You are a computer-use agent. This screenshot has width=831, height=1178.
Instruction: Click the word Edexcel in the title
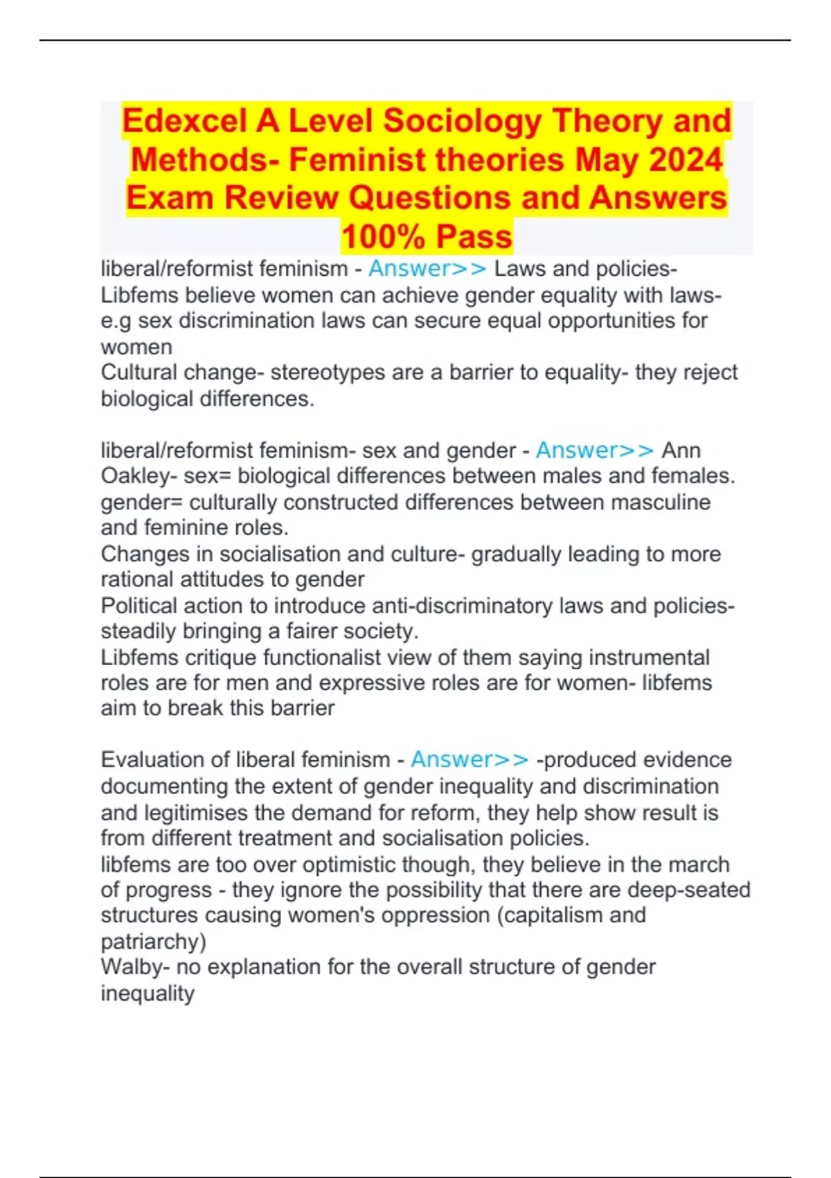[x=185, y=121]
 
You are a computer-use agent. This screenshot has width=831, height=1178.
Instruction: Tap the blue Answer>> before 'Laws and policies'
[x=427, y=269]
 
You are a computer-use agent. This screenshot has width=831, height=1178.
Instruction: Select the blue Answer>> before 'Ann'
[x=595, y=450]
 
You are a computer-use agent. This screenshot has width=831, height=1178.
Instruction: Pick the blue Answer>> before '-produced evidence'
[x=470, y=759]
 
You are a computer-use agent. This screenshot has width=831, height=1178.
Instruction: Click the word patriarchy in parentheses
[x=152, y=942]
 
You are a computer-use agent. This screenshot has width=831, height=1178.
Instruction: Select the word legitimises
[x=209, y=812]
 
